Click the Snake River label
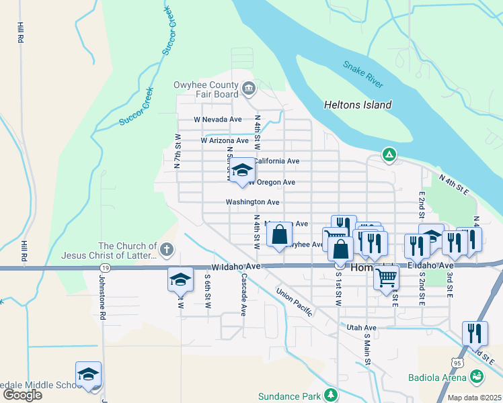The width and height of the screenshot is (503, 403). [x=363, y=74]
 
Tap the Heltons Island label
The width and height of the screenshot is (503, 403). [x=358, y=105]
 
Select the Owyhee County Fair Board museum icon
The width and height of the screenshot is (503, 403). [x=249, y=87]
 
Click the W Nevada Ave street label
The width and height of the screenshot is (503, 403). [x=217, y=120]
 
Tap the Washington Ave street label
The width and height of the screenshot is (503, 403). [x=252, y=202]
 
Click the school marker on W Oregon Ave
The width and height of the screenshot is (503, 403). [x=242, y=171]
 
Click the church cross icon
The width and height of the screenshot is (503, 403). [x=167, y=251]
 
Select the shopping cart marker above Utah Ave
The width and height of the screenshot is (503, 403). [x=386, y=276]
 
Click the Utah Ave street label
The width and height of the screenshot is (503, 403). [x=361, y=327]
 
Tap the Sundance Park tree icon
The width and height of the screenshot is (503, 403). [x=330, y=394]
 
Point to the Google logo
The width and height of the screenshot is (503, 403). [x=22, y=395]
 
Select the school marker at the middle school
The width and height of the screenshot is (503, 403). [x=88, y=375]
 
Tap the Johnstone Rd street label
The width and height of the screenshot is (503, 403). [x=103, y=296]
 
